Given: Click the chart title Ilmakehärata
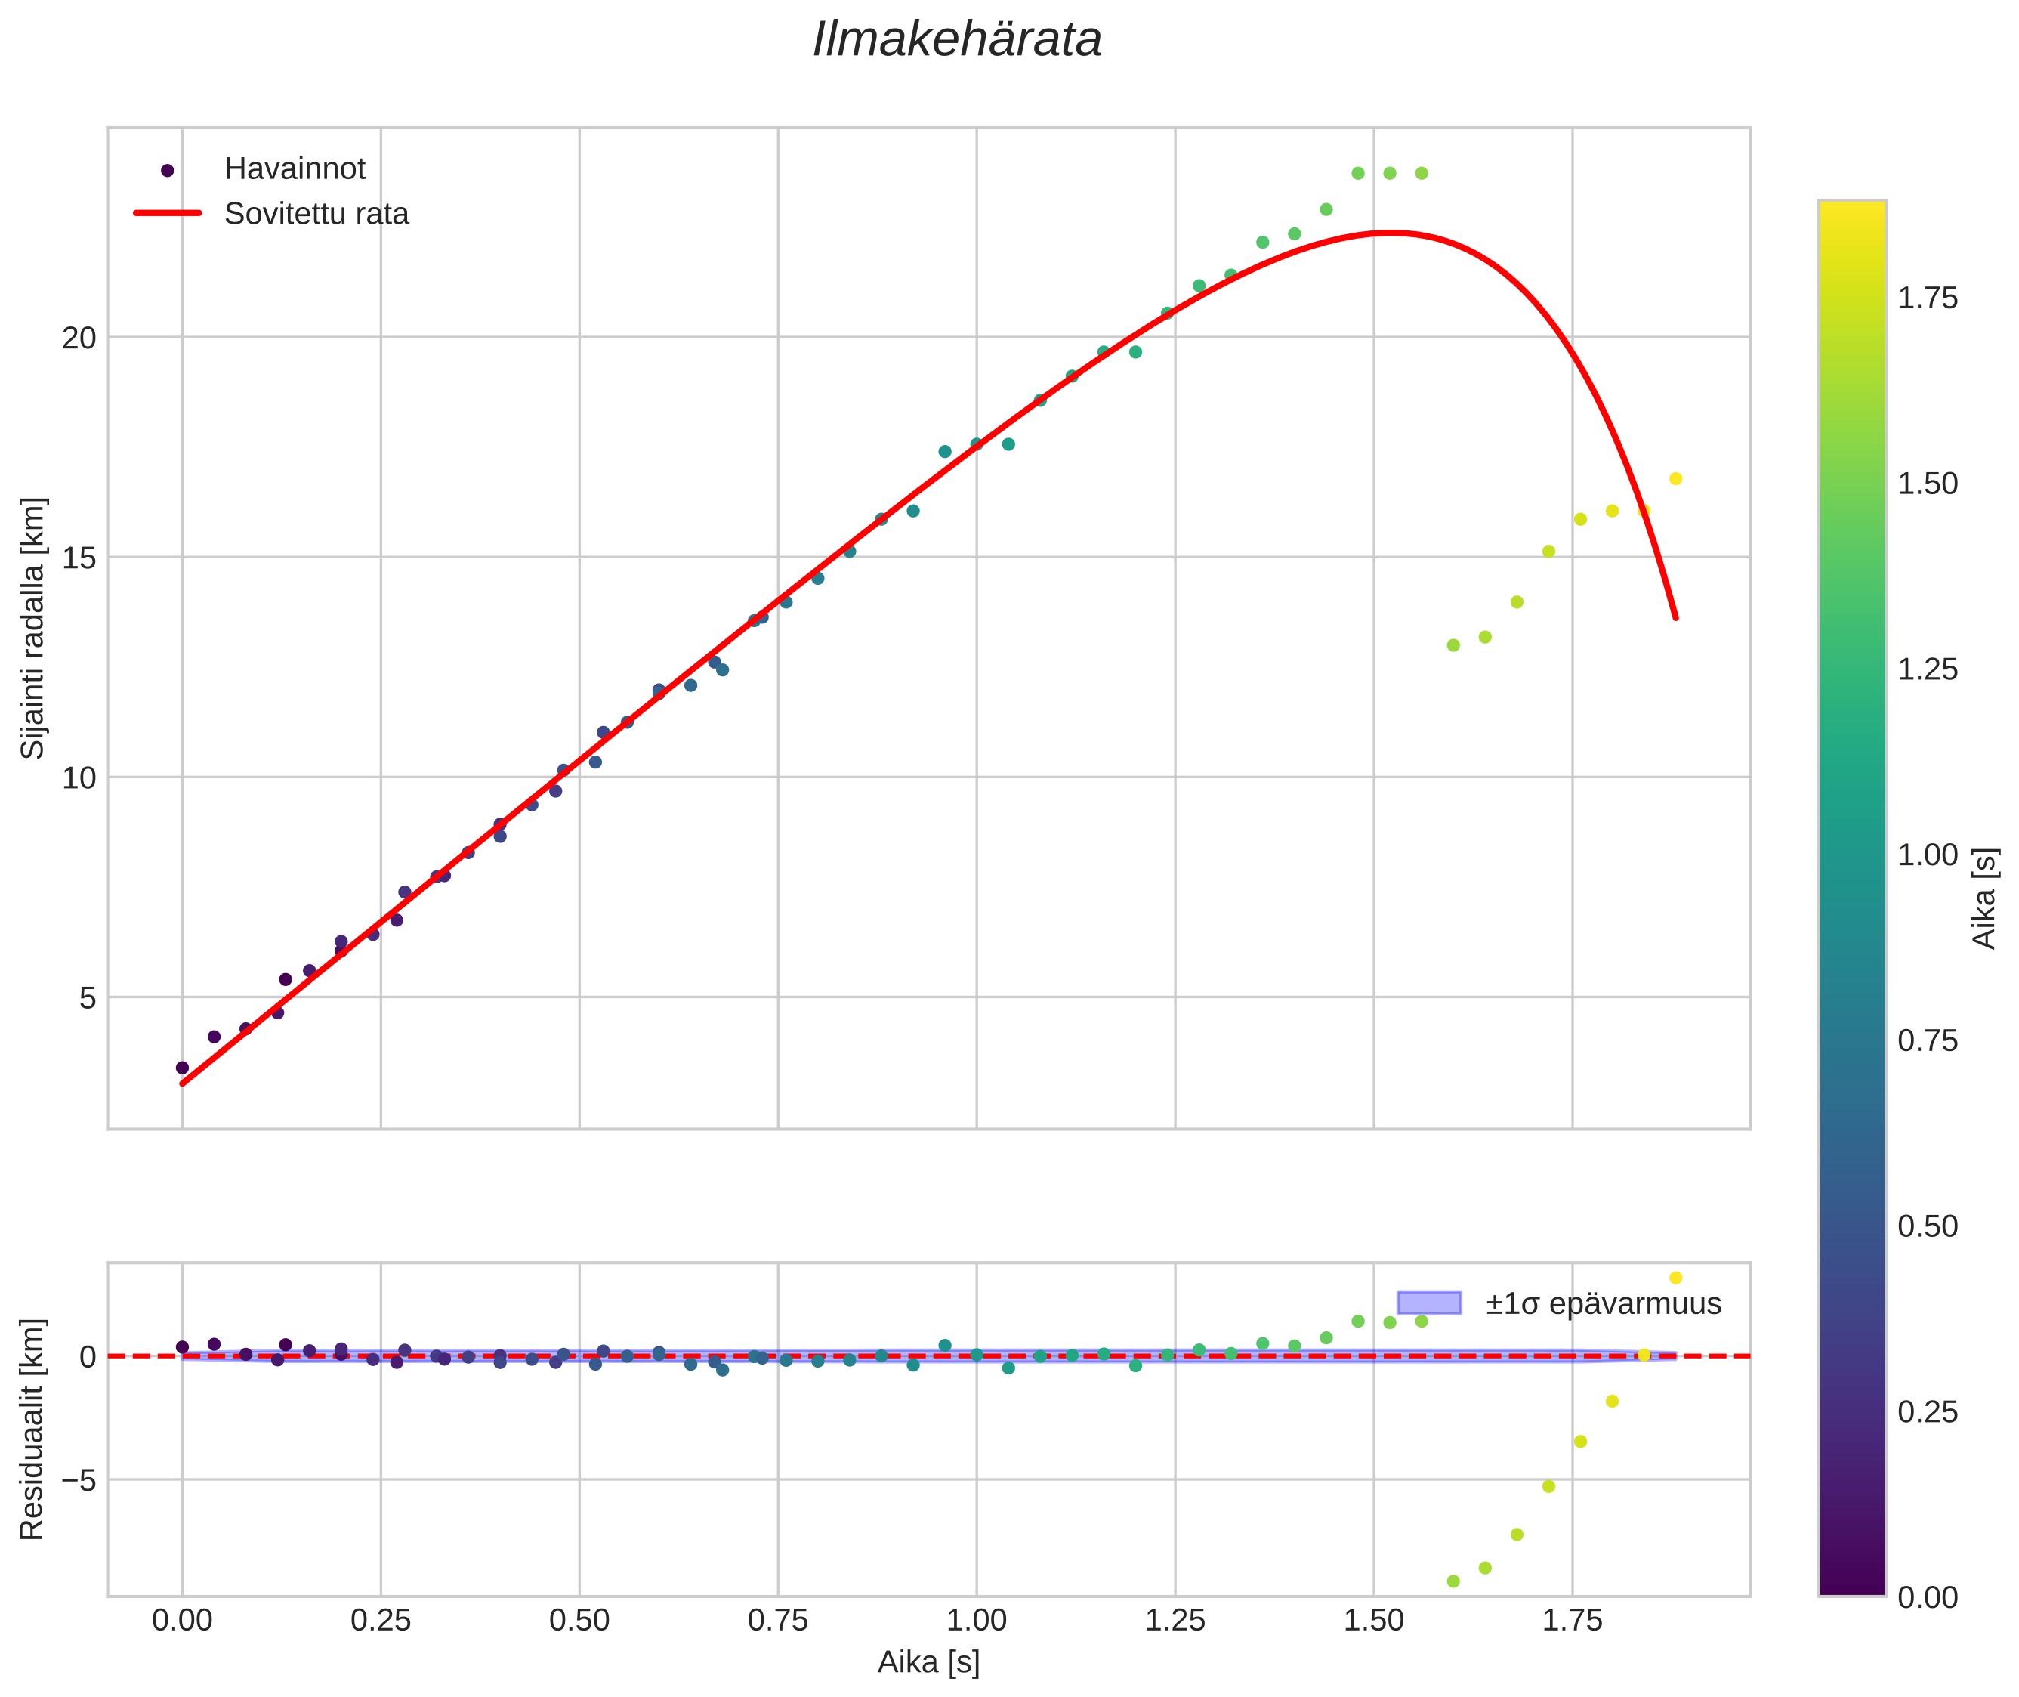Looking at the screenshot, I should pyautogui.click(x=956, y=40).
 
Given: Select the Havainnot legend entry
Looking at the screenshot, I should pyautogui.click(x=295, y=169).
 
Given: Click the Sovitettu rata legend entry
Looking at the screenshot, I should pyautogui.click(x=316, y=214).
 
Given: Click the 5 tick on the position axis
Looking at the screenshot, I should pyautogui.click(x=88, y=997).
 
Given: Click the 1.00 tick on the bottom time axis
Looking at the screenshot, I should pyautogui.click(x=977, y=1621).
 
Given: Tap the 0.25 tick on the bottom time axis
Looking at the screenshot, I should pyautogui.click(x=380, y=1621).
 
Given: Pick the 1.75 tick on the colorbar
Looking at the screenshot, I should pyautogui.click(x=1927, y=299).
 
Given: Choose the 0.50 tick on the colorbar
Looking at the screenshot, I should pyautogui.click(x=1927, y=1226).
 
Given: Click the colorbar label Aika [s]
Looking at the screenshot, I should pyautogui.click(x=1983, y=898).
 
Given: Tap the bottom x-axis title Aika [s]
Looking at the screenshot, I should pyautogui.click(x=928, y=1662).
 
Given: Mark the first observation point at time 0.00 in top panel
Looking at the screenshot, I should pyautogui.click(x=182, y=1068).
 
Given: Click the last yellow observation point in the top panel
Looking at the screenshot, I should pyautogui.click(x=1675, y=479).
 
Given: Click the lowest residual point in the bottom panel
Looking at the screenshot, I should pyautogui.click(x=1453, y=1581).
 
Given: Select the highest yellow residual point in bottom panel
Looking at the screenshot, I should pyautogui.click(x=1675, y=1278).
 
